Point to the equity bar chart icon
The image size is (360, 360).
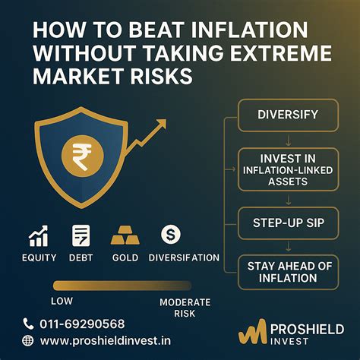pyautogui.click(x=39, y=236)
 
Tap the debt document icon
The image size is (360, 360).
pyautogui.click(x=81, y=236)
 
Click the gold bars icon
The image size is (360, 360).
pyautogui.click(x=125, y=236)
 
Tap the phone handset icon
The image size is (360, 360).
pyautogui.click(x=29, y=322)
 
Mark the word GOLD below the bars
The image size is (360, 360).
pyautogui.click(x=125, y=258)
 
